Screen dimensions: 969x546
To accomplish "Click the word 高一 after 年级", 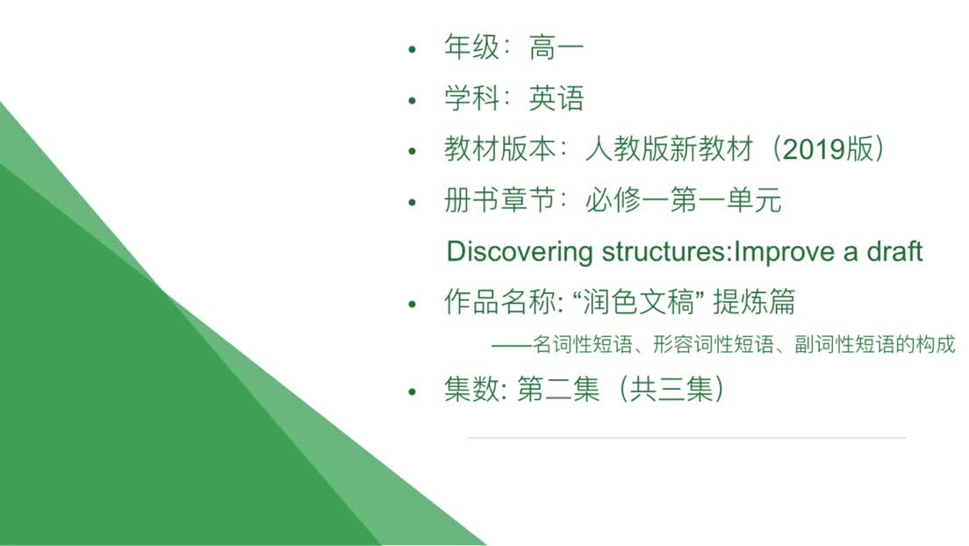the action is [556, 47].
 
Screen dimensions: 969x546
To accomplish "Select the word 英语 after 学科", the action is [556, 99].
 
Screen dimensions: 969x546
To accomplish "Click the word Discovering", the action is [520, 252].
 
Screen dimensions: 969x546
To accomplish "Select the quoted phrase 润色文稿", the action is [639, 302].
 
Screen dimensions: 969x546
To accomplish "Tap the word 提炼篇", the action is [754, 302].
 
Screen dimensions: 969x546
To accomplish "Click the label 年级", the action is [471, 47].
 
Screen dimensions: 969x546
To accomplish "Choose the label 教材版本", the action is [500, 149].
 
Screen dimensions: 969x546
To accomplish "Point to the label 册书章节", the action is [500, 200].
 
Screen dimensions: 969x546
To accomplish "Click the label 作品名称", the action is [500, 302].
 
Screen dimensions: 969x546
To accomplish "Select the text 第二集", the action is [558, 390].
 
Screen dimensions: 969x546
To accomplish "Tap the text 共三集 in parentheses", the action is [671, 390].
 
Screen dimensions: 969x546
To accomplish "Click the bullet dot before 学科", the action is [413, 100].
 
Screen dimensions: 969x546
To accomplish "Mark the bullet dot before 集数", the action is [413, 392].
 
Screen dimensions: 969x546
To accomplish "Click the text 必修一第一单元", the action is [683, 200].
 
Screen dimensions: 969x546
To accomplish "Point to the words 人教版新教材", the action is [670, 149].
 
